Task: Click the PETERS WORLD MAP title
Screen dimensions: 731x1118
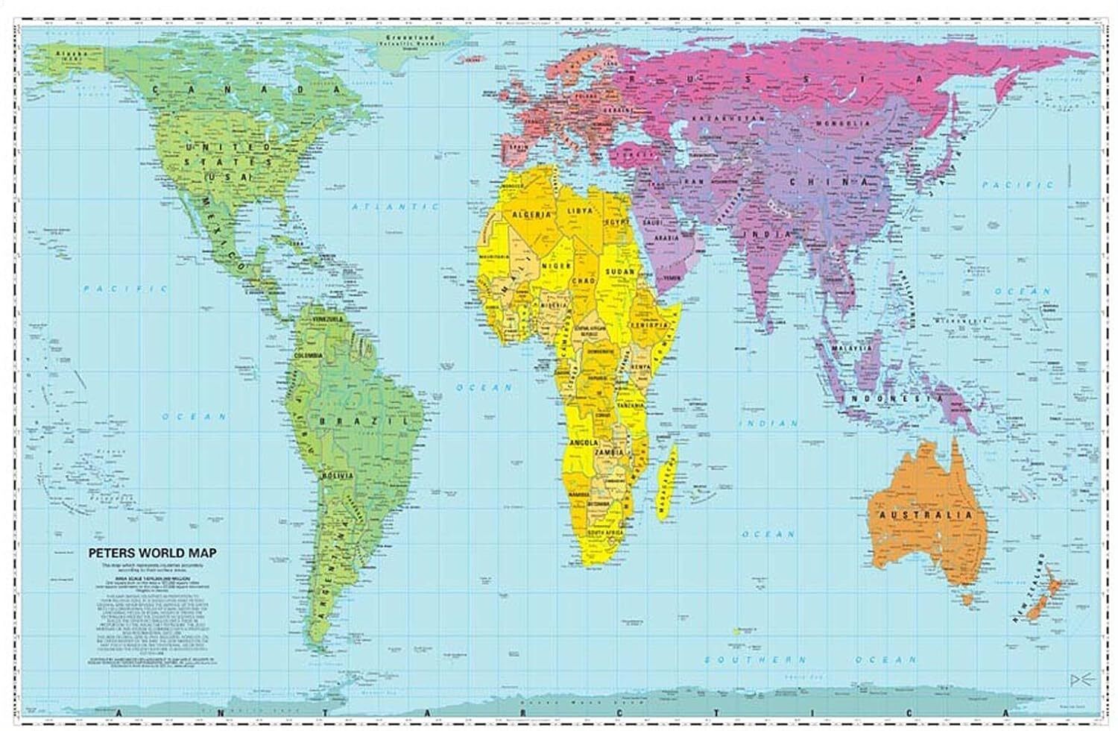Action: (149, 553)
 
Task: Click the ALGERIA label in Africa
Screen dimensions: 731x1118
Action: (531, 214)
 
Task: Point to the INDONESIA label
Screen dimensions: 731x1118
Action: (890, 399)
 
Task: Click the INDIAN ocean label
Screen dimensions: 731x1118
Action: (768, 423)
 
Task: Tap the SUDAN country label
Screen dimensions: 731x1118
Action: (620, 272)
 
